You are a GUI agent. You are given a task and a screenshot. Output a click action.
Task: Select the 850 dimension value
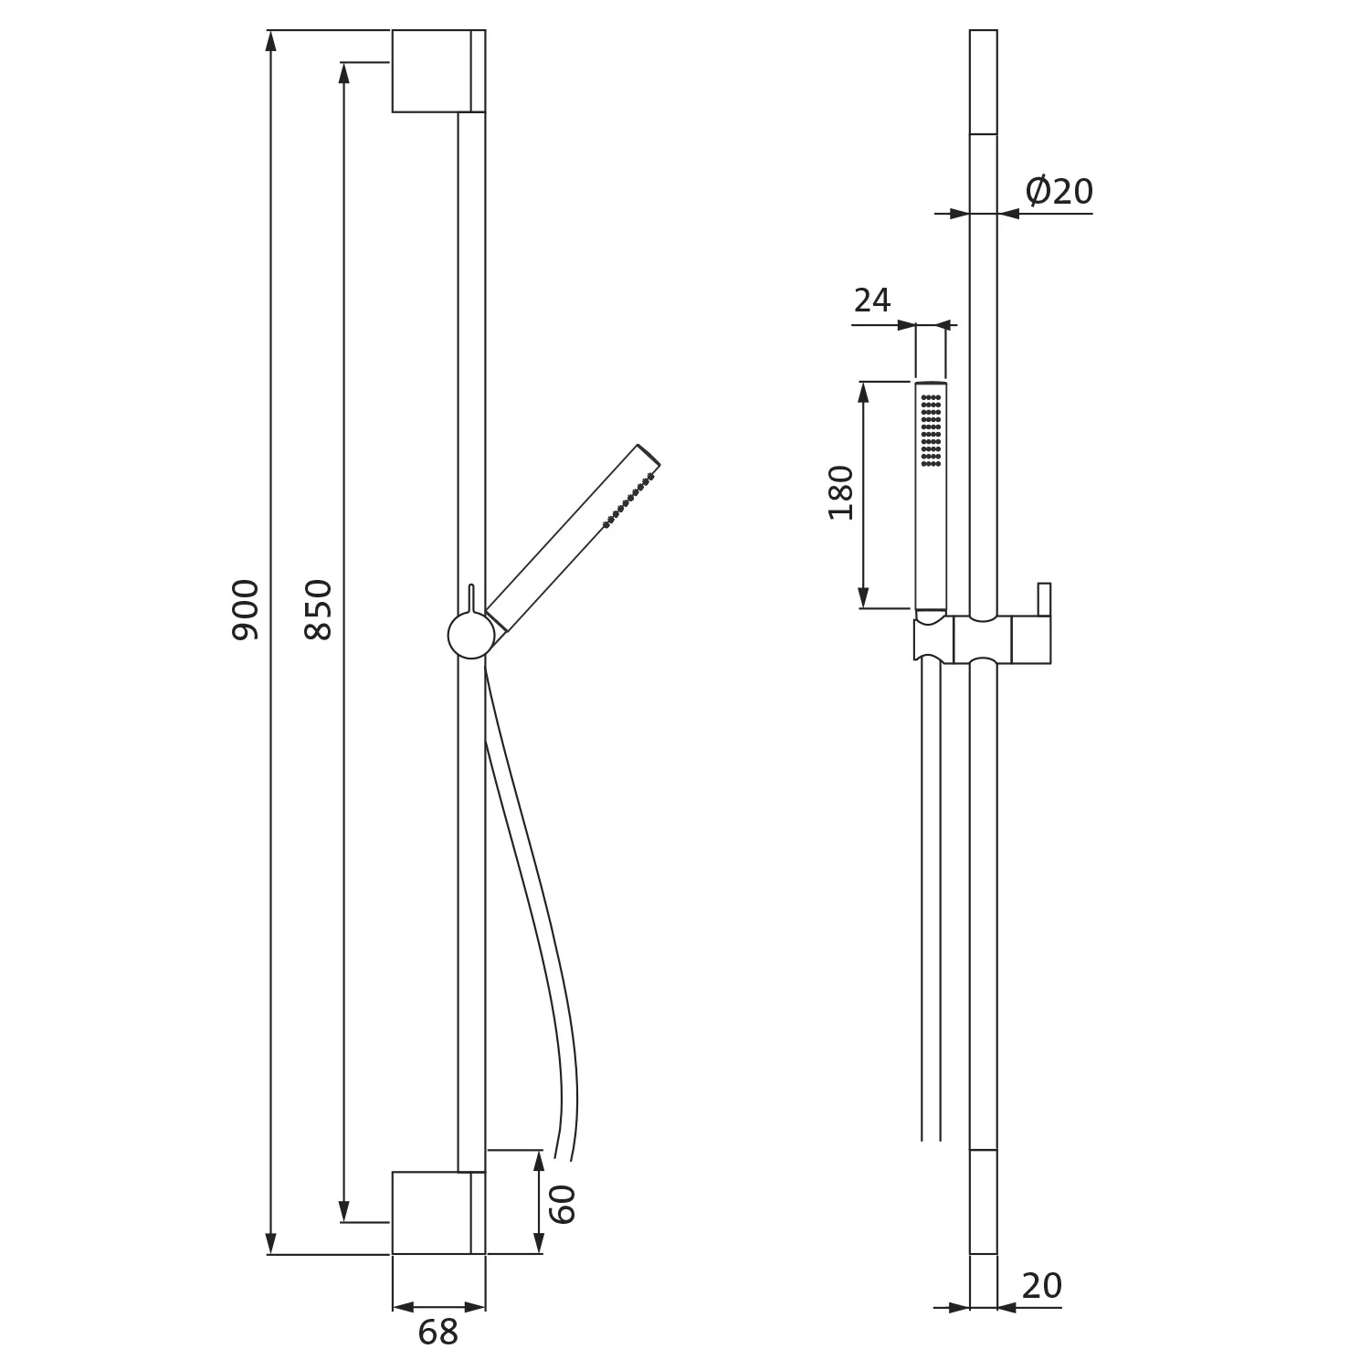319,609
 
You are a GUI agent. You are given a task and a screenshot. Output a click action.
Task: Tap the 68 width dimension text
437,1333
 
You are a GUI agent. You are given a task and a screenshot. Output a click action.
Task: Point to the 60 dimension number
563,1204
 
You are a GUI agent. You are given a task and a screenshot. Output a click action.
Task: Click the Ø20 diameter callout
1059,192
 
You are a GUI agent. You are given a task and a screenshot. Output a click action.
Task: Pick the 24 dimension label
872,300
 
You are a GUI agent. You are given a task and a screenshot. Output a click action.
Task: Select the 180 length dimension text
841,493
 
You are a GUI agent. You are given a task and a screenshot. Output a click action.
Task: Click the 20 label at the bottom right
1042,1286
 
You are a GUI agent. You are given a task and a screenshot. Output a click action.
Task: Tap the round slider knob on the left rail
471,636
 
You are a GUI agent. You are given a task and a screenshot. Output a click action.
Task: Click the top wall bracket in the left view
438,71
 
